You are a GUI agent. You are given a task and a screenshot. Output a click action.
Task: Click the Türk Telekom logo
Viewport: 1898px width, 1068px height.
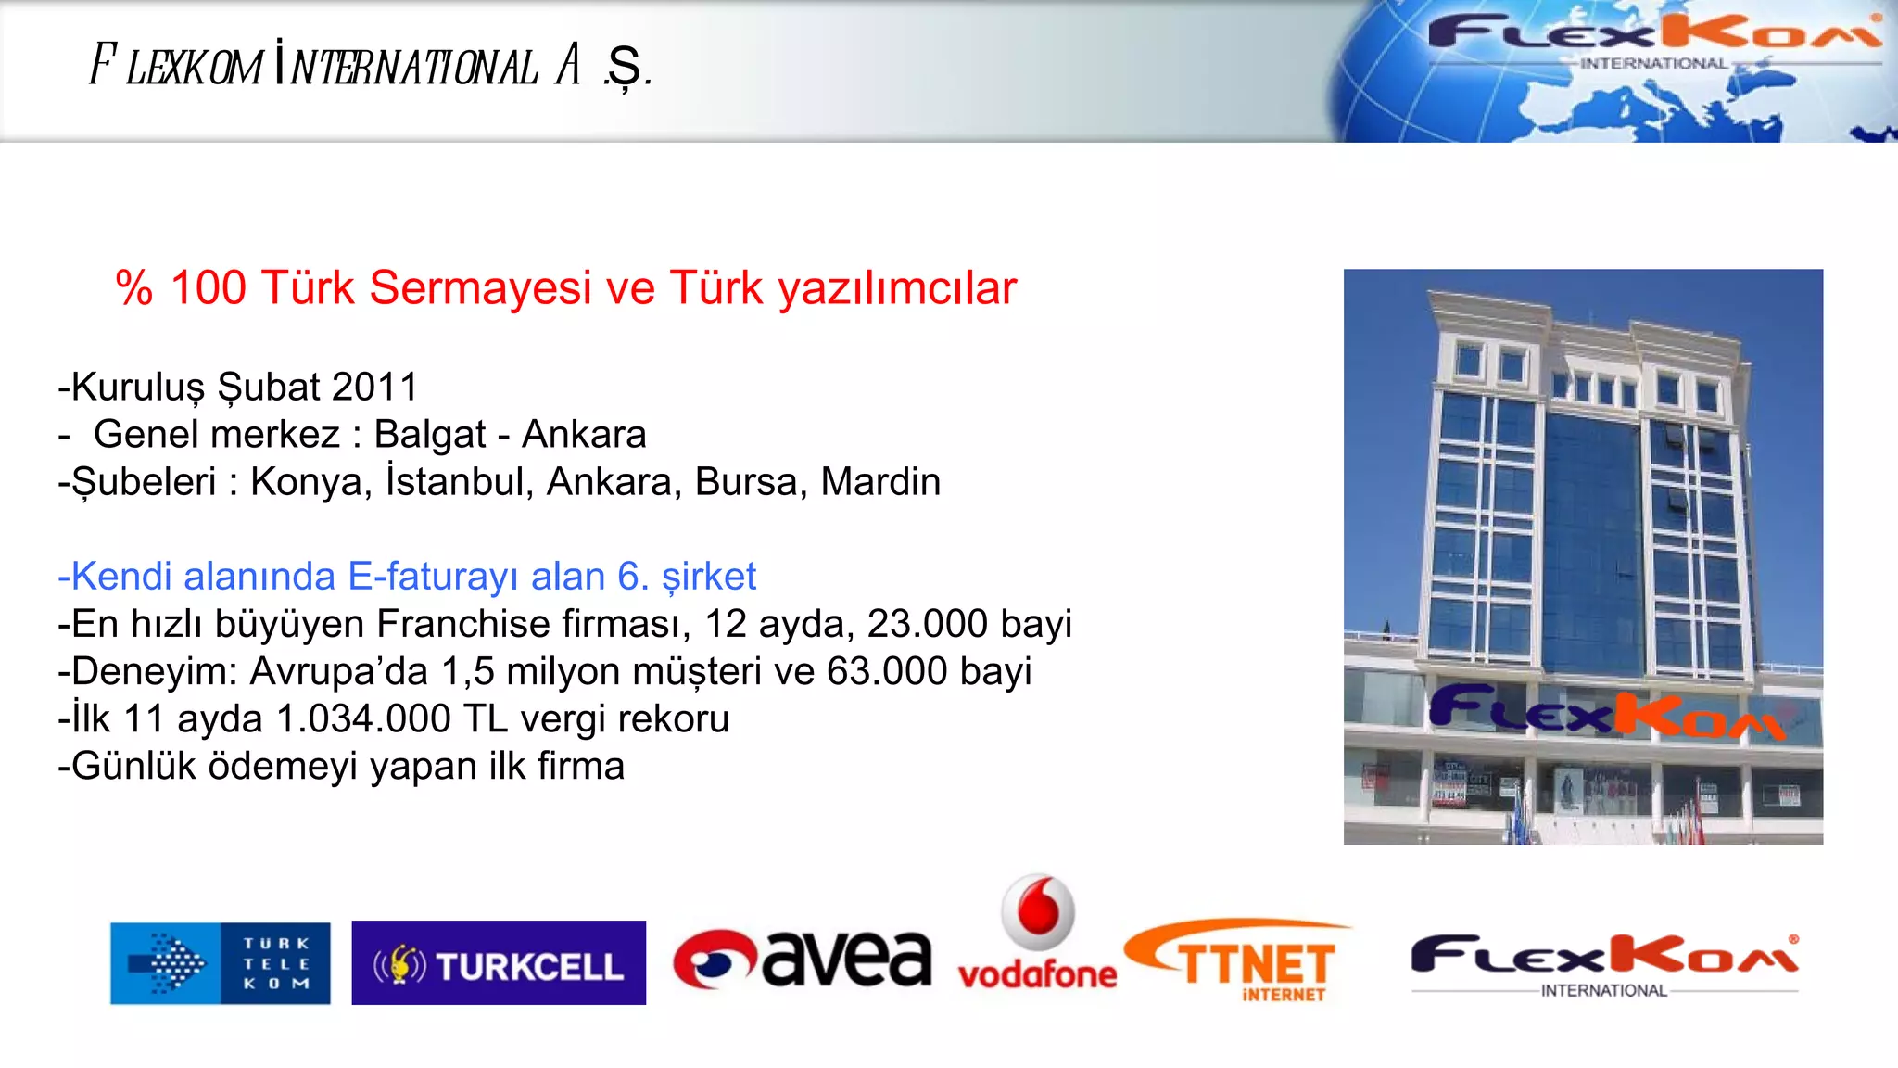click(x=220, y=963)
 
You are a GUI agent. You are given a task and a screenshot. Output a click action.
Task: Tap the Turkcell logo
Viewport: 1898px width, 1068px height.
click(x=499, y=963)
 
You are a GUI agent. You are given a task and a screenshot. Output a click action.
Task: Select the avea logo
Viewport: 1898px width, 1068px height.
click(x=803, y=959)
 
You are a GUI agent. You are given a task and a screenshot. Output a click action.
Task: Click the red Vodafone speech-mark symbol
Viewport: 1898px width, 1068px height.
click(x=1039, y=909)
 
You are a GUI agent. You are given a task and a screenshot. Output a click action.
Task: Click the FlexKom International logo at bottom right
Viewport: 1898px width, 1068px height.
click(x=1603, y=964)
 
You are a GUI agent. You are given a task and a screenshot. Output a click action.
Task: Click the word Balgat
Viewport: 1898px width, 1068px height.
click(x=429, y=434)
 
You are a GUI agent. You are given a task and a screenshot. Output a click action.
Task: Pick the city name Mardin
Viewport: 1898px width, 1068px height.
click(x=880, y=482)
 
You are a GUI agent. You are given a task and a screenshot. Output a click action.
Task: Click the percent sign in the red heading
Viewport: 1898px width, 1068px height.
click(x=134, y=287)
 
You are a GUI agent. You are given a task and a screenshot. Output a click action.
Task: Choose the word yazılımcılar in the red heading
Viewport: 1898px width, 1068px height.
click(x=897, y=287)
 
